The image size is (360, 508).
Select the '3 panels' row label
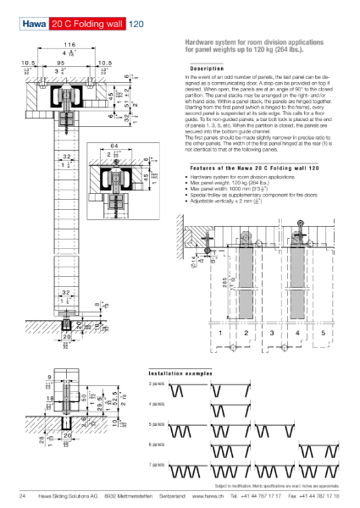pos(157,384)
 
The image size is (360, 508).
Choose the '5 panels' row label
pos(157,423)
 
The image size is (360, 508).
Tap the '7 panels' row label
pos(157,464)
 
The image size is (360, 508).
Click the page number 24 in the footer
pos(23,496)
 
